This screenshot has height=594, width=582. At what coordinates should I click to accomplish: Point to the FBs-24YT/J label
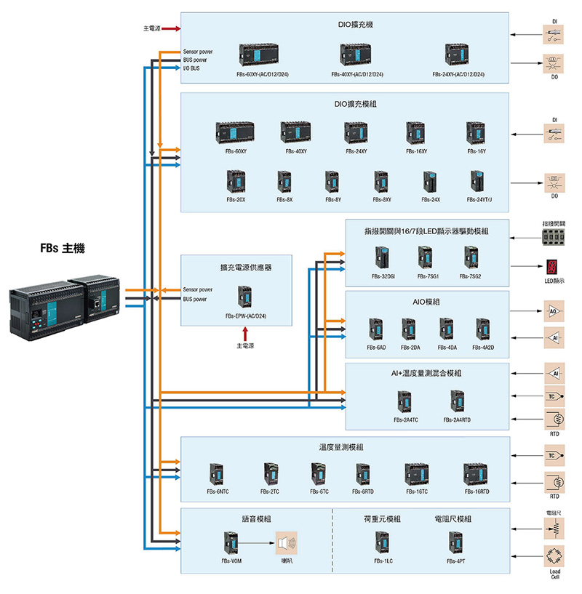479,199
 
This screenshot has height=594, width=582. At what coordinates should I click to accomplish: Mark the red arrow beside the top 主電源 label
172,28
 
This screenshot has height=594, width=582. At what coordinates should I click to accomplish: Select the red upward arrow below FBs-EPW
245,332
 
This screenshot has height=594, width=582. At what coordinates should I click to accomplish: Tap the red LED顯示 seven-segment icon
554,267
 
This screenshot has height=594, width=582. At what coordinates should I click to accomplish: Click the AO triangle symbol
554,311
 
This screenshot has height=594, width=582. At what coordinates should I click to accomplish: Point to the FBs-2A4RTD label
457,420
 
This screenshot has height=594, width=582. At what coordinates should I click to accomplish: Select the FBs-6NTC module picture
217,475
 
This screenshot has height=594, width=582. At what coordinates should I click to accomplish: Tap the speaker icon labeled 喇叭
287,544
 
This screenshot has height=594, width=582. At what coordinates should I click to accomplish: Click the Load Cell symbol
554,555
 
